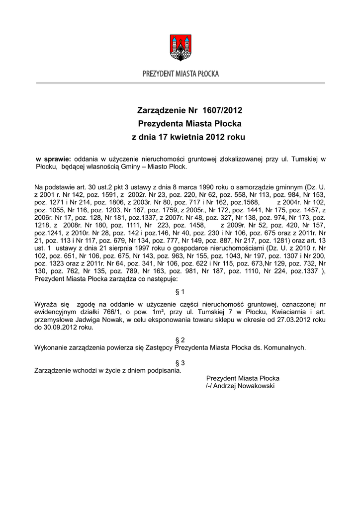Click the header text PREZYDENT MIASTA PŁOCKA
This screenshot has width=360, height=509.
pyautogui.click(x=180, y=74)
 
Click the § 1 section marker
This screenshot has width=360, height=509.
pyautogui.click(x=180, y=291)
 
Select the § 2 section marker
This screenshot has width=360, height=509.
pyautogui.click(x=180, y=339)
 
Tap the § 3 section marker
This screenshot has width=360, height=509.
pyautogui.click(x=180, y=363)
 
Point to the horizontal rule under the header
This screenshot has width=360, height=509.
pyautogui.click(x=180, y=83)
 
